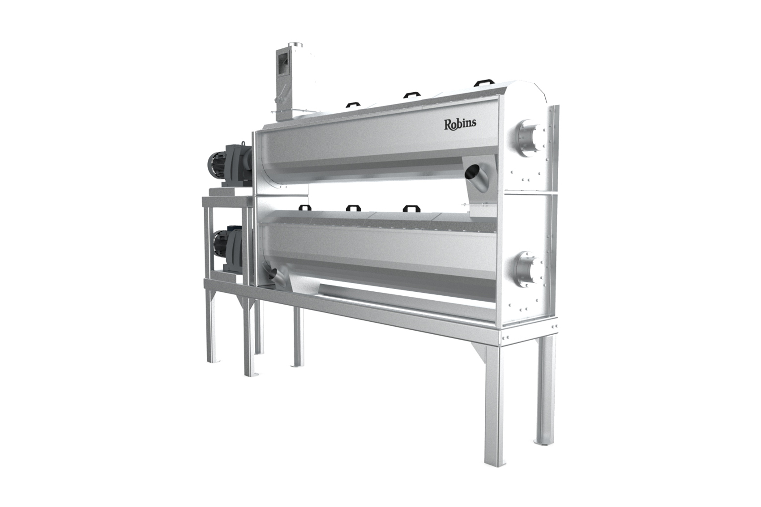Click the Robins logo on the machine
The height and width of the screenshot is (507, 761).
click(460, 124)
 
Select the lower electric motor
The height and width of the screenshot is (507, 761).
click(227, 250)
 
